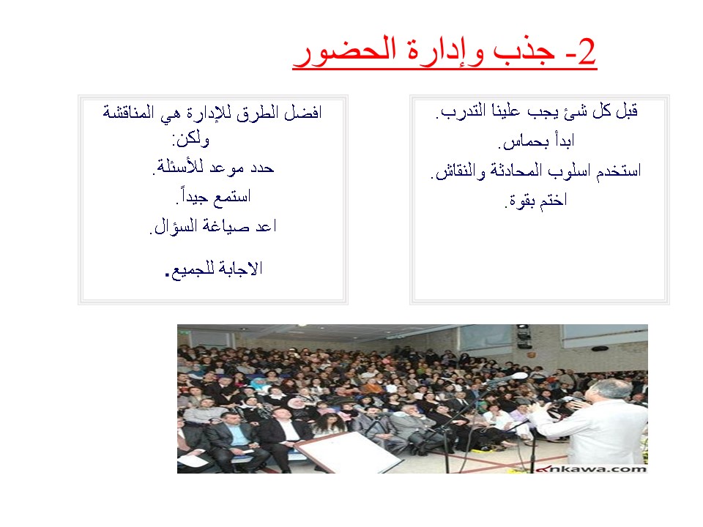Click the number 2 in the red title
click(587, 51)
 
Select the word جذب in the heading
click(524, 51)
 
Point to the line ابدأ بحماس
click(536, 141)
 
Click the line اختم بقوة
click(536, 201)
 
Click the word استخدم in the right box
click(619, 171)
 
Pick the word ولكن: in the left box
click(191, 139)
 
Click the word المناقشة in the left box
click(129, 111)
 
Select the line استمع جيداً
click(213, 196)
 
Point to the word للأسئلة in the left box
click(179, 167)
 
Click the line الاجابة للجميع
click(214, 269)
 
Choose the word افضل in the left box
click(303, 112)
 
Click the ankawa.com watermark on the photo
click(592, 468)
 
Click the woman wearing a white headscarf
click(295, 405)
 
